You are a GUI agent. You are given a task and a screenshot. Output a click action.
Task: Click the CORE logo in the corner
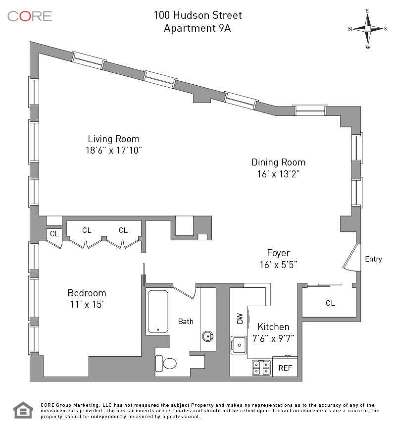(x=30, y=16)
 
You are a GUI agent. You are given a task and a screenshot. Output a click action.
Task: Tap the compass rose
(x=368, y=29)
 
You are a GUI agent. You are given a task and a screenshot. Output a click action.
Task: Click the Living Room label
(x=114, y=139)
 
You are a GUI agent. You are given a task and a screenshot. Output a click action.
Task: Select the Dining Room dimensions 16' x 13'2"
(x=278, y=173)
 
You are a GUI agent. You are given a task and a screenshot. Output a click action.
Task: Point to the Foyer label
(x=279, y=253)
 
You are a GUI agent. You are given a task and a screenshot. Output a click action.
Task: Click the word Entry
(x=373, y=259)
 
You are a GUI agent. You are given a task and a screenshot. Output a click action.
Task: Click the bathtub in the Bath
(x=158, y=311)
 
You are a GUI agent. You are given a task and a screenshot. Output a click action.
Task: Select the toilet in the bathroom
(x=166, y=364)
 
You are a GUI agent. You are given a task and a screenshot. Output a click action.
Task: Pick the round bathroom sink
(x=208, y=336)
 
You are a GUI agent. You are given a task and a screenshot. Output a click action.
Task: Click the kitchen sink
(x=239, y=344)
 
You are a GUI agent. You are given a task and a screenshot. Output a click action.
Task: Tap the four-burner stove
(x=261, y=368)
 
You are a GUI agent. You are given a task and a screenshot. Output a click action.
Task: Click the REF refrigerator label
(x=285, y=368)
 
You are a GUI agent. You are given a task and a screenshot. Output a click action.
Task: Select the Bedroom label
(x=87, y=293)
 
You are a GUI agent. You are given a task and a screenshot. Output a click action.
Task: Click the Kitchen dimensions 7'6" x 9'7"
(x=276, y=339)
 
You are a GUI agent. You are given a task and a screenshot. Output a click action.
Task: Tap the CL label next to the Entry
(x=330, y=303)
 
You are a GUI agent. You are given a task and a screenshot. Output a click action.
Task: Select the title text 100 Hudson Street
(x=198, y=15)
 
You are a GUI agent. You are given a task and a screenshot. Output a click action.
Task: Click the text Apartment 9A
(x=198, y=28)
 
